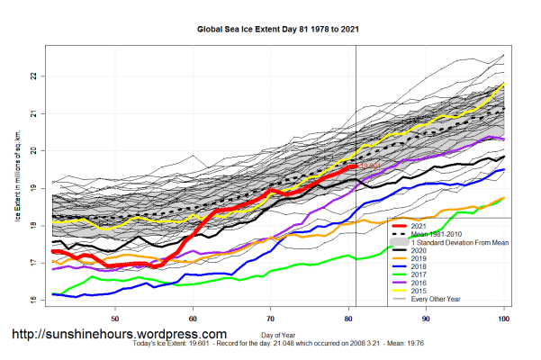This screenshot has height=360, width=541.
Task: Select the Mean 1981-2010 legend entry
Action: tap(437, 234)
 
